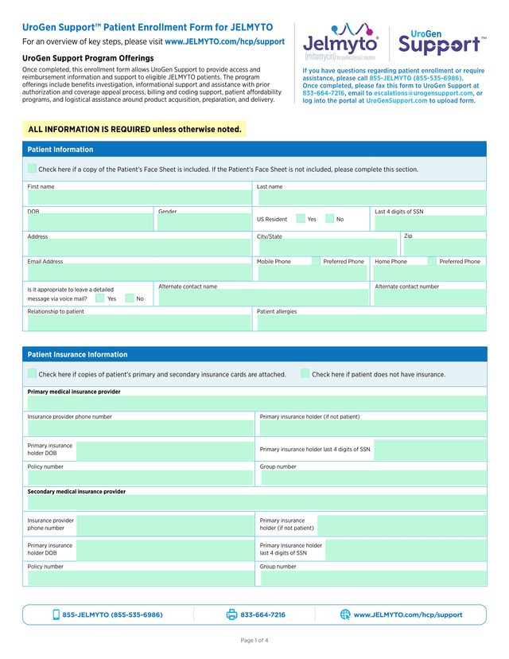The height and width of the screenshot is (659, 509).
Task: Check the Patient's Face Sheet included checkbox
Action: tap(32, 169)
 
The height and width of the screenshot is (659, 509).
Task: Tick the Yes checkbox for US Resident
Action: tap(301, 219)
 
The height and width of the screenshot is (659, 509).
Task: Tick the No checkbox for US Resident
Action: tap(329, 219)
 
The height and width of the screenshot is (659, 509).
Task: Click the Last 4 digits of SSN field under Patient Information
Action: tap(429, 223)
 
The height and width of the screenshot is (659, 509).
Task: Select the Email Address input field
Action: tap(138, 273)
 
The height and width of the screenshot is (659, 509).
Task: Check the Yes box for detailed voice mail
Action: tap(100, 298)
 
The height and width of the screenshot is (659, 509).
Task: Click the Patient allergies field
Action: tap(370, 322)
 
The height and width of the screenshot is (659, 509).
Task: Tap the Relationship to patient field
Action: tap(138, 322)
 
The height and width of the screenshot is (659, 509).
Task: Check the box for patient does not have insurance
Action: tap(305, 373)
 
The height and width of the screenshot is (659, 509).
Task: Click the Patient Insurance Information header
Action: tap(77, 354)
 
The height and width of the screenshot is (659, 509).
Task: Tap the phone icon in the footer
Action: tap(56, 614)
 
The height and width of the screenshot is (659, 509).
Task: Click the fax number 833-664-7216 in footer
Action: tap(262, 615)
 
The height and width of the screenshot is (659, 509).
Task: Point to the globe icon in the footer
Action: tap(345, 614)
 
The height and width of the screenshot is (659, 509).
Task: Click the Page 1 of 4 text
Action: tap(254, 640)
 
